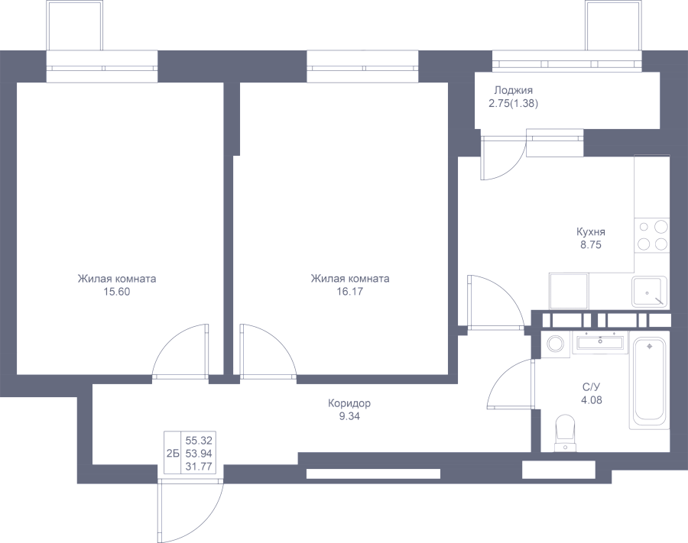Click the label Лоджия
point(513,91)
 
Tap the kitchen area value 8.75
point(591,245)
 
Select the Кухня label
point(591,232)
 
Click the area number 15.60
point(117,292)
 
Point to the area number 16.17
point(349,292)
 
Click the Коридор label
point(349,403)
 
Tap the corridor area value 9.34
point(349,416)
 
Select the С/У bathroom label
point(591,387)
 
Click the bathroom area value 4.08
point(591,399)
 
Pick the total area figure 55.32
point(199,440)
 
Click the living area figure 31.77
point(199,467)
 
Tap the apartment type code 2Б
point(173,454)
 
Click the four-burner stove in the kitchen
point(652,235)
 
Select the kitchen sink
point(649,292)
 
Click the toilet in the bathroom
point(565,434)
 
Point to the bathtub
point(649,383)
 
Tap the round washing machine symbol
point(557,343)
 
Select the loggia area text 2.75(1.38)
point(514,104)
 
